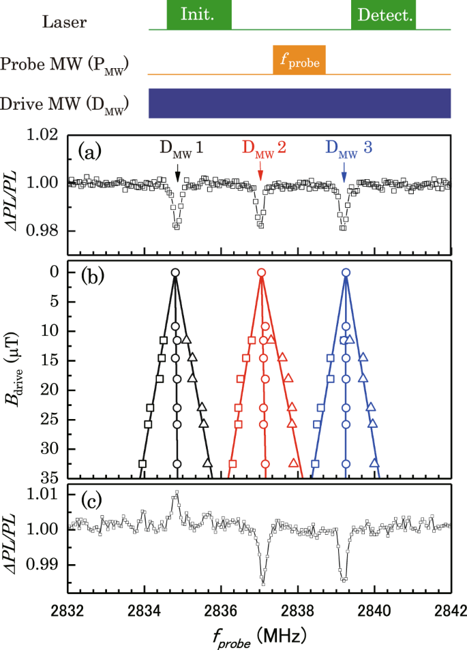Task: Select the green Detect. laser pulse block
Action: tap(383, 15)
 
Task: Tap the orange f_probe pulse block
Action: tap(299, 60)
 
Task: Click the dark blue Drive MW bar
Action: tap(300, 103)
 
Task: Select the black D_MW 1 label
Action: tap(181, 149)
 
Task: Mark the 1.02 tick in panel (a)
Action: tap(46, 136)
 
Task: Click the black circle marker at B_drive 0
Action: tap(175, 273)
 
